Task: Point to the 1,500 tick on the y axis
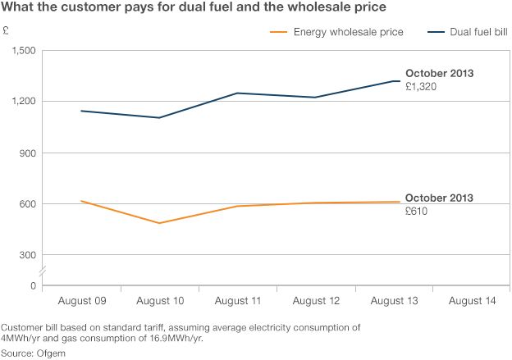click(x=22, y=51)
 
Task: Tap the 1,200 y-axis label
click(x=22, y=102)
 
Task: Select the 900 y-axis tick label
click(x=27, y=153)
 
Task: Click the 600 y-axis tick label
click(x=27, y=203)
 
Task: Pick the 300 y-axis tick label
click(x=27, y=254)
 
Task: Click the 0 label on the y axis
click(x=32, y=285)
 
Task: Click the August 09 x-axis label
click(x=82, y=302)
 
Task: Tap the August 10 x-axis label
click(x=160, y=302)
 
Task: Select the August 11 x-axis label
click(x=238, y=302)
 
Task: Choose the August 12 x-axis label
click(x=316, y=302)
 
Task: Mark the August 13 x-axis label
click(x=394, y=302)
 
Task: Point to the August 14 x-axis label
click(x=472, y=302)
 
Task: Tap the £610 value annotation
click(x=418, y=211)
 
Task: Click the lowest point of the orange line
click(x=159, y=223)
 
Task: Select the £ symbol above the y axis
click(x=7, y=33)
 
